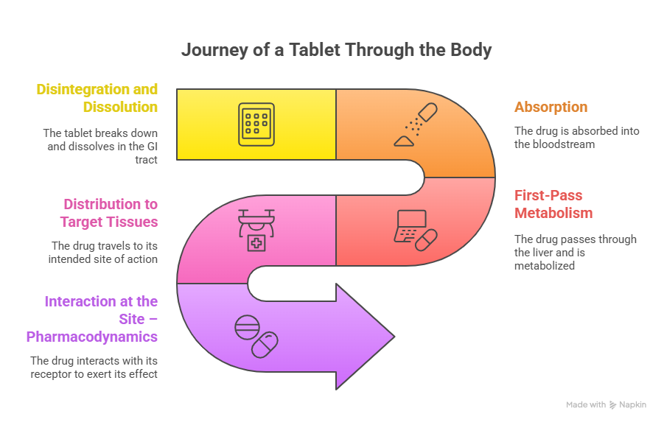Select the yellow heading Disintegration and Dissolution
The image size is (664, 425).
click(x=97, y=98)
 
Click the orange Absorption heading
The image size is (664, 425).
click(x=551, y=107)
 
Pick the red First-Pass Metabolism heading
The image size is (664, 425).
click(x=553, y=204)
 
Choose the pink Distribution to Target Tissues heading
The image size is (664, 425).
click(x=110, y=213)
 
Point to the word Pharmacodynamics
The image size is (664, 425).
click(x=92, y=337)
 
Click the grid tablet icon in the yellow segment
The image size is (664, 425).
click(x=256, y=123)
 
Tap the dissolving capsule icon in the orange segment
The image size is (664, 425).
click(x=416, y=124)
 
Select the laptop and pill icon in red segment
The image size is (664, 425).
click(x=415, y=227)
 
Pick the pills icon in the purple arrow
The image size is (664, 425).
click(x=256, y=335)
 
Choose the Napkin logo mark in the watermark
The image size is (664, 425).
click(x=613, y=405)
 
